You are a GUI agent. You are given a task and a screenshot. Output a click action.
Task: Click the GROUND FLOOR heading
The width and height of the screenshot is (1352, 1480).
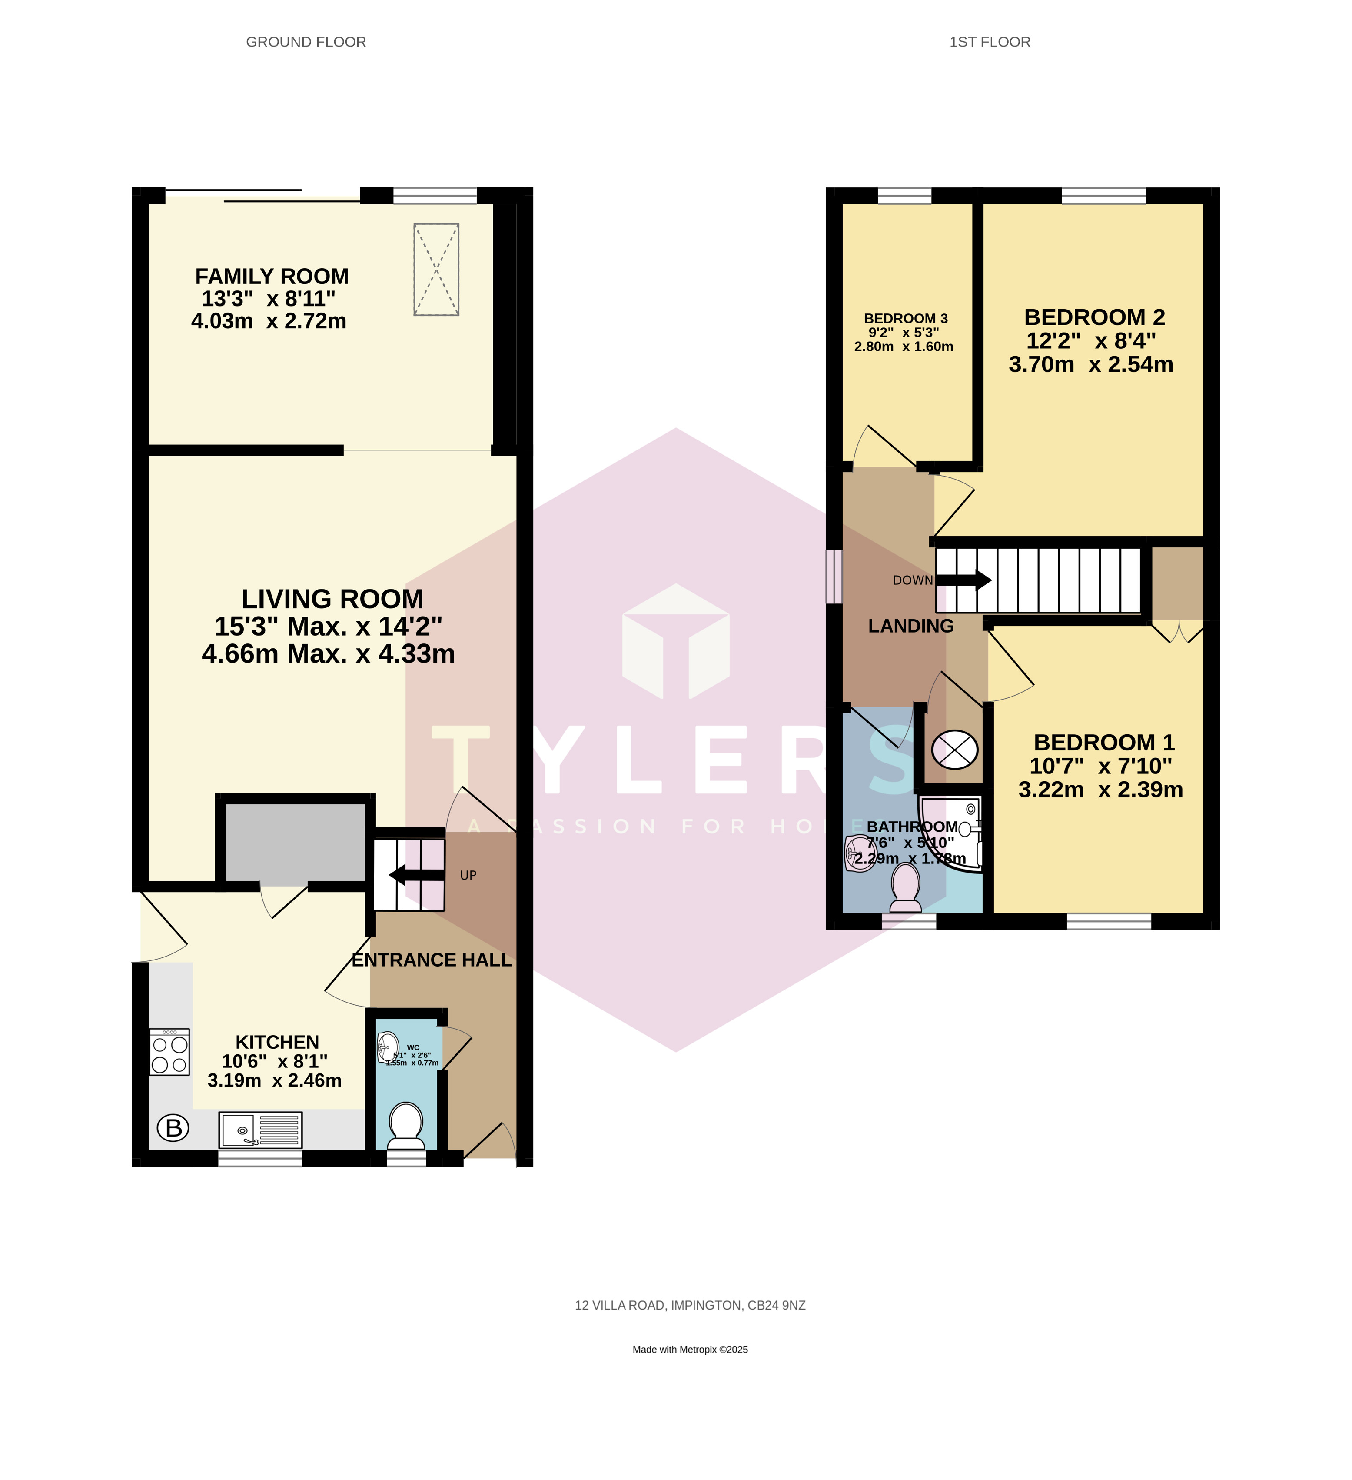[306, 42]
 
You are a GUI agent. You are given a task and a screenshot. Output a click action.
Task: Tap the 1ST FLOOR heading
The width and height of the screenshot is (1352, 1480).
[990, 42]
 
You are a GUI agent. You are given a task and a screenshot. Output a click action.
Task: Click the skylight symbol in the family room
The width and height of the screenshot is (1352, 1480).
[436, 270]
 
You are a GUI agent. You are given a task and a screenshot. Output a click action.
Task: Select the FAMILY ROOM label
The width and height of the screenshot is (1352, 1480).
[272, 277]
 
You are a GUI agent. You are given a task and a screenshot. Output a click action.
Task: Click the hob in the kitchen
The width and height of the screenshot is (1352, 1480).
[169, 1053]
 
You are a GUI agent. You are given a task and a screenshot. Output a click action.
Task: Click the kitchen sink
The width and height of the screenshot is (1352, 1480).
[260, 1130]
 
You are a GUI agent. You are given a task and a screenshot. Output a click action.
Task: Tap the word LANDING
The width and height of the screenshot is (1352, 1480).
[911, 626]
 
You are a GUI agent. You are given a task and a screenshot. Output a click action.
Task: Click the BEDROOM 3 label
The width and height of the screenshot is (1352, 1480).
[906, 319]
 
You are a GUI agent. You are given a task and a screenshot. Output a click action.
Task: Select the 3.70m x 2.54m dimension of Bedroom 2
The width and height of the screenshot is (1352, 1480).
[1091, 364]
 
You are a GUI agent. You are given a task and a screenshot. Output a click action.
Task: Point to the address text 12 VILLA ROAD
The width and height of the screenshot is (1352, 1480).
[690, 1305]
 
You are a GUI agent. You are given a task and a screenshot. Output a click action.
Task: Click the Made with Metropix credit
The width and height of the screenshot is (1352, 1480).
[690, 1349]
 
